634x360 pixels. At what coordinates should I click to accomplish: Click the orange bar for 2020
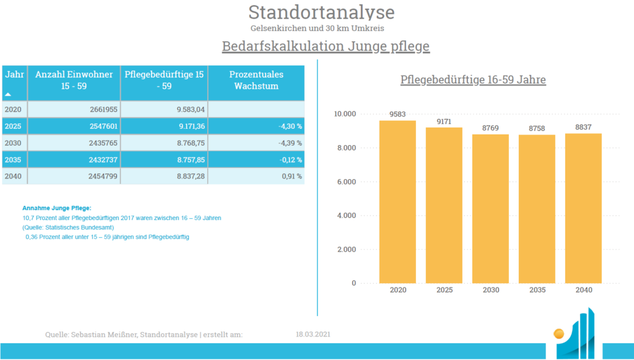tap(397, 202)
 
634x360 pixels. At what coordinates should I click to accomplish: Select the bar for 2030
tap(490, 209)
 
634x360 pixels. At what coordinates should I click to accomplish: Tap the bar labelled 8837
tap(583, 208)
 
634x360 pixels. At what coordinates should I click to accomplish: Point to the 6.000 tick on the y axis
tap(347, 182)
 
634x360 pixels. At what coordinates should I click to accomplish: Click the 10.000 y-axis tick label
tap(345, 113)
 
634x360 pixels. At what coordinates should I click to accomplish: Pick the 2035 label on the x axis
tap(537, 289)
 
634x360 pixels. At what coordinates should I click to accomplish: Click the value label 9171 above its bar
tap(444, 121)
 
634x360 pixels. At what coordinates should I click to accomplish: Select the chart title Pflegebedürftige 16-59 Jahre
tap(473, 79)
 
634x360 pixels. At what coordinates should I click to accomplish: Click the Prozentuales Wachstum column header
tap(256, 80)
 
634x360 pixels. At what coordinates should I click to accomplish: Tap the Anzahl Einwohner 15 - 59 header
tap(74, 80)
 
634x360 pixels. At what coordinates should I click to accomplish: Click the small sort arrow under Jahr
tap(8, 94)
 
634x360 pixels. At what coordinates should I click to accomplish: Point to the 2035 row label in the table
tap(13, 159)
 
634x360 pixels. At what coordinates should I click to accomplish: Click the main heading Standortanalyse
tap(321, 12)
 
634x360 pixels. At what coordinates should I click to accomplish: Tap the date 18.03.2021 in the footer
tap(313, 334)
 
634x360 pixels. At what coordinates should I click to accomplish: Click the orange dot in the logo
tap(559, 334)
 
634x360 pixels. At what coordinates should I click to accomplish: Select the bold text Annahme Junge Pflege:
tap(56, 208)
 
